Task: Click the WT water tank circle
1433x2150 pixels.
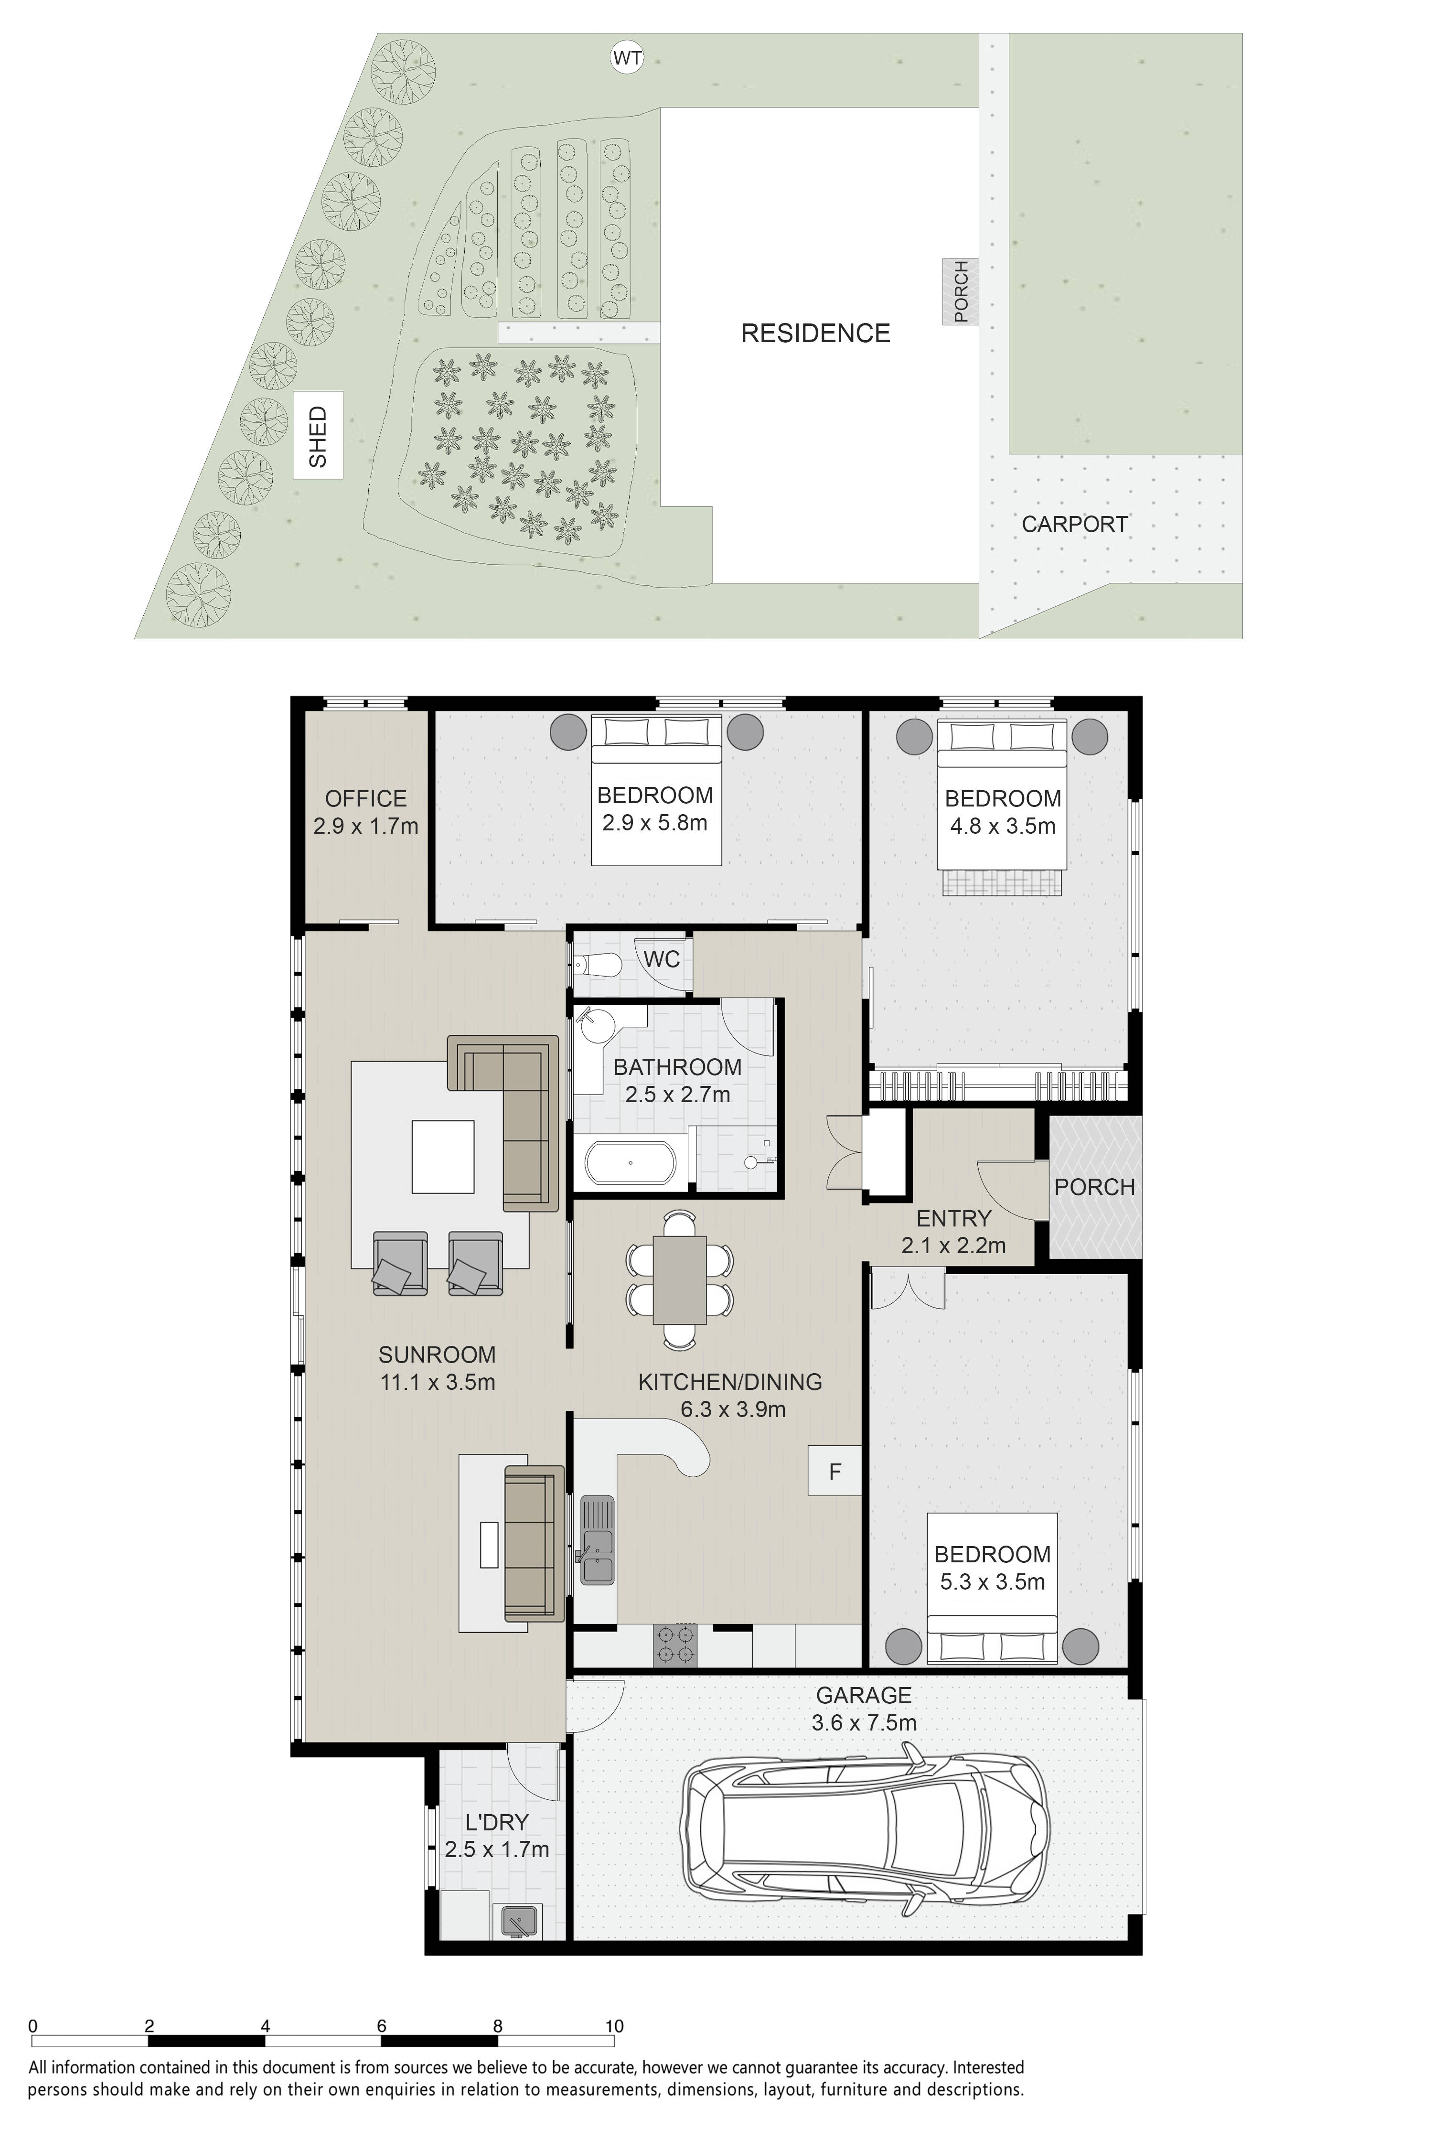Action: point(627,58)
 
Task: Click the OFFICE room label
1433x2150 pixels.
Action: point(365,799)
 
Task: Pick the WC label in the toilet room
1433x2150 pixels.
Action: point(662,959)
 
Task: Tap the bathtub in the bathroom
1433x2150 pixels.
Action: point(631,1163)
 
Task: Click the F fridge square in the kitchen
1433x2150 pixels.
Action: point(834,1470)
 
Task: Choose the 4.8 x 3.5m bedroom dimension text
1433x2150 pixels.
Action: point(1003,827)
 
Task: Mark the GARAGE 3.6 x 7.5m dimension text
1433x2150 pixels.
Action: point(864,1723)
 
